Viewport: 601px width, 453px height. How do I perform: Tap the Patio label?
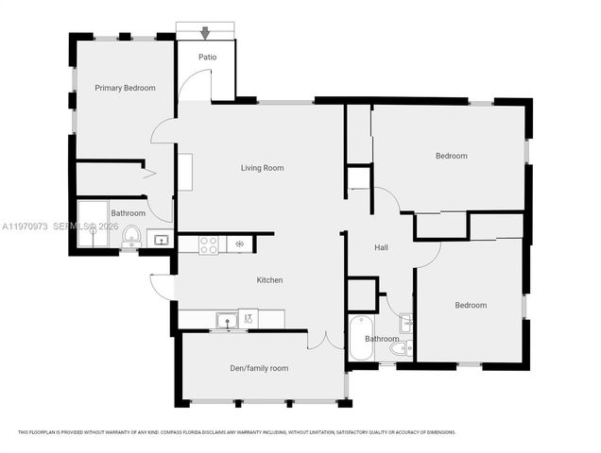207,58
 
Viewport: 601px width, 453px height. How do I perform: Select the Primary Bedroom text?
125,88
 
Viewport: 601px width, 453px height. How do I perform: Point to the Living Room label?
262,168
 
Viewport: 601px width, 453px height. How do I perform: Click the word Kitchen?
270,280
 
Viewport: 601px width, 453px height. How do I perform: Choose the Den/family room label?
259,368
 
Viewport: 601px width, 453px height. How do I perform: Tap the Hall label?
382,247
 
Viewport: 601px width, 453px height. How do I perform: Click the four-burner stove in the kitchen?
209,243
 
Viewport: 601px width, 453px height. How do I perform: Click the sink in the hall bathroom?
405,322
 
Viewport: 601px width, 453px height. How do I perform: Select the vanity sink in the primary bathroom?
160,241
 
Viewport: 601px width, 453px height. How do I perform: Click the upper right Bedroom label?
450,156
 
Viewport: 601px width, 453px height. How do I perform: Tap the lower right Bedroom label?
470,305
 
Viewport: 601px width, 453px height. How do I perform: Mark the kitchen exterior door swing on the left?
160,284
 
